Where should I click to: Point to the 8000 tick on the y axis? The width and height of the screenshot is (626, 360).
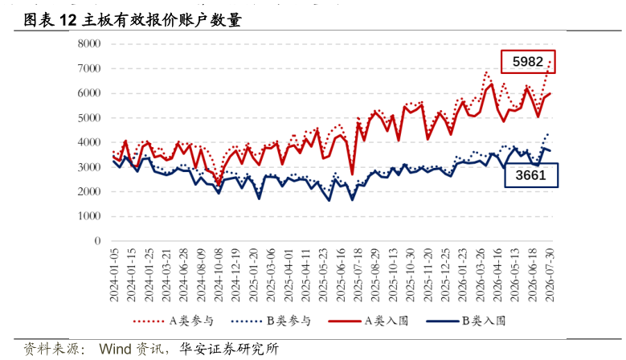(89, 43)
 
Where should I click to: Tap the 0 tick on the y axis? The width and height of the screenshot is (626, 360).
(97, 240)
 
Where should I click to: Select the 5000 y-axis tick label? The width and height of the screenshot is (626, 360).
(89, 118)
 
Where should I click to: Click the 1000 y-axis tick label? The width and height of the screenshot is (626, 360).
(89, 216)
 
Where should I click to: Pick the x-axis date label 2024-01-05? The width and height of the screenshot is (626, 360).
(115, 275)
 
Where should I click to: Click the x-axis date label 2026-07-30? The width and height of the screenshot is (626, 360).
(550, 275)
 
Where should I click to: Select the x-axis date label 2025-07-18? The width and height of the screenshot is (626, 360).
(358, 275)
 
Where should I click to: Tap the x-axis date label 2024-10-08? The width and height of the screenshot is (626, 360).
(219, 275)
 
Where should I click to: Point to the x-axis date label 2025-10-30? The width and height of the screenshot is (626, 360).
(411, 275)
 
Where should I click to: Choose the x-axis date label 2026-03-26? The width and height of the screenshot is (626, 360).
(481, 275)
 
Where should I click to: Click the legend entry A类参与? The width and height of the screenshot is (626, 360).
(174, 321)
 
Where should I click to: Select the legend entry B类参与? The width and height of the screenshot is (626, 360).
(271, 321)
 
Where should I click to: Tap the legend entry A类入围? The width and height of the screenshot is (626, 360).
(368, 321)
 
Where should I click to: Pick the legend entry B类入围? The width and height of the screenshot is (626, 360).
(465, 321)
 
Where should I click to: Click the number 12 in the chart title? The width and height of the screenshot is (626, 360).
(68, 20)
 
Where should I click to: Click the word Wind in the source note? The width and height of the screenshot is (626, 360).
(116, 349)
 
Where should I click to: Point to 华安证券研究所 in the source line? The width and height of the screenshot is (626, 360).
(229, 349)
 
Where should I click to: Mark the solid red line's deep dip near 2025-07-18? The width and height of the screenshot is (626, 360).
(352, 174)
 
